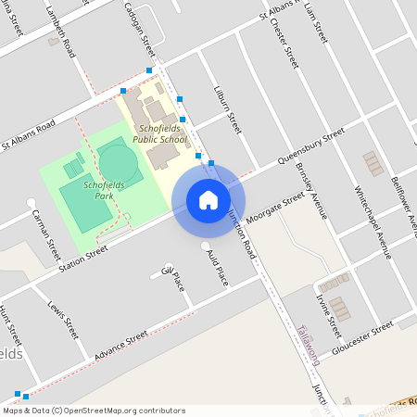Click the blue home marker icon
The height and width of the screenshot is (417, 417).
[x=208, y=200]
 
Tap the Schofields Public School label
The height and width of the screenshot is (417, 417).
[x=159, y=133]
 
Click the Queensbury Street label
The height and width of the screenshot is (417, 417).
[x=311, y=148]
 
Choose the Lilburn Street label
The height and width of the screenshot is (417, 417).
[x=228, y=109]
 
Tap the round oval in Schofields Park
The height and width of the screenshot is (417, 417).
[x=118, y=161]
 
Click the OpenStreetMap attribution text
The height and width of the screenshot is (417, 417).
[x=93, y=410]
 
